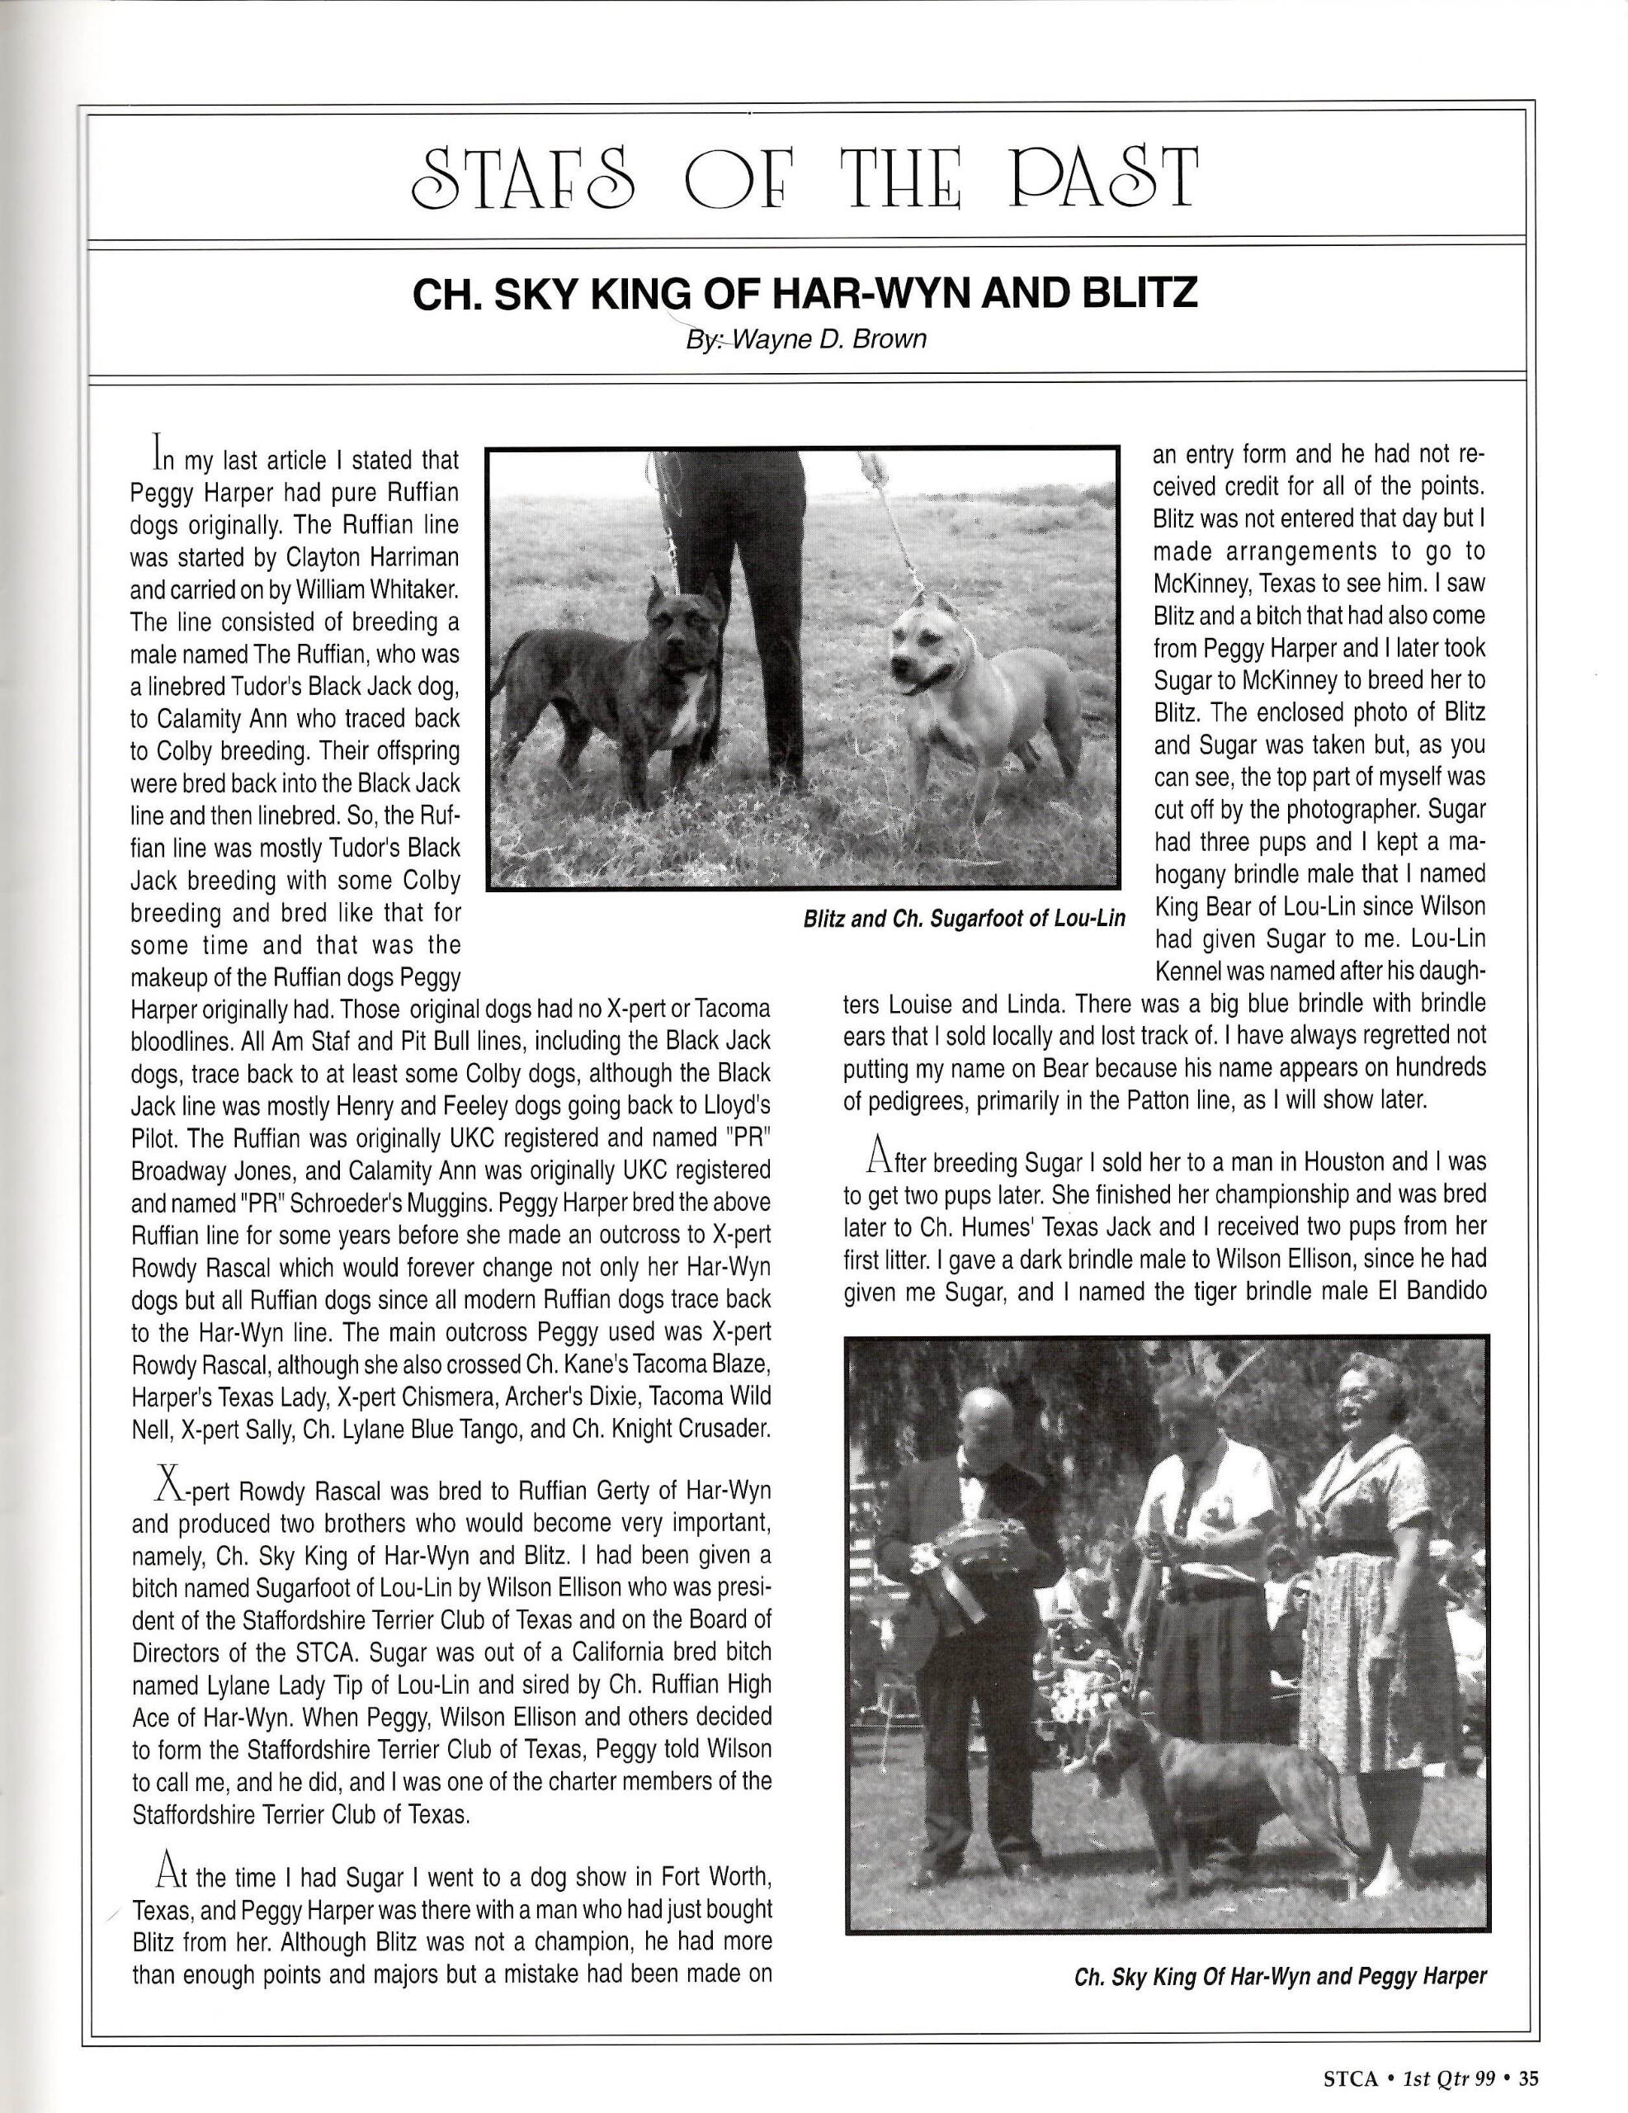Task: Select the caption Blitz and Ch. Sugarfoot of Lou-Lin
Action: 964,917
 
